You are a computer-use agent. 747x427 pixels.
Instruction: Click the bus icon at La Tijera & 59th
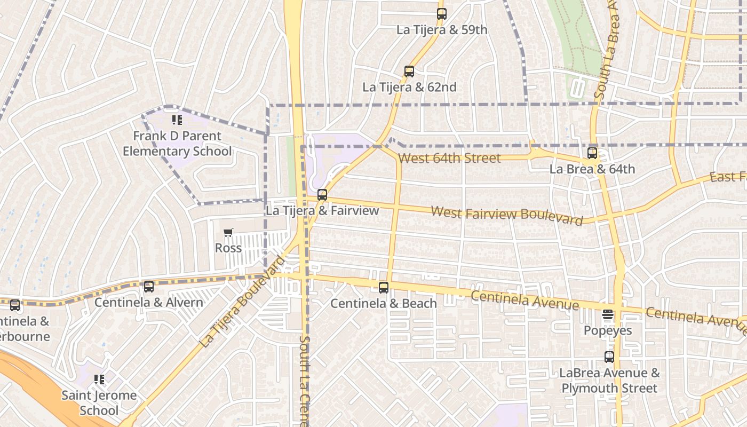click(x=441, y=14)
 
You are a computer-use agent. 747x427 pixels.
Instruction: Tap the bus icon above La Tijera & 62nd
click(x=409, y=72)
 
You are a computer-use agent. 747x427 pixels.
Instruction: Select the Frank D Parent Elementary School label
click(x=177, y=144)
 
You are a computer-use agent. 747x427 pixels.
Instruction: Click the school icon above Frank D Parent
click(x=177, y=120)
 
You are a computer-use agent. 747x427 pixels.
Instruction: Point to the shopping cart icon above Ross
click(x=228, y=233)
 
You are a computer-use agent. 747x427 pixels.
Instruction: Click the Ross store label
click(x=228, y=248)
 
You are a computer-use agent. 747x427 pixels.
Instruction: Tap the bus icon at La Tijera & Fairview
click(x=322, y=195)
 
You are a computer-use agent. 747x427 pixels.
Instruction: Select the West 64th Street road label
click(x=449, y=158)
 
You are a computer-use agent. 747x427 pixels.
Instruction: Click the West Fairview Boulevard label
click(x=506, y=215)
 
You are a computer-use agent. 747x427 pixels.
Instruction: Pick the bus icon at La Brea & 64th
click(x=592, y=154)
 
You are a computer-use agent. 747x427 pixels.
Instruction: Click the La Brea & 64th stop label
click(x=592, y=169)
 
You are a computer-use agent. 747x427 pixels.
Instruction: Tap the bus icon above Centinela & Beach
click(x=384, y=288)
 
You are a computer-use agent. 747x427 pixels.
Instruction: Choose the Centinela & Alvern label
click(x=149, y=303)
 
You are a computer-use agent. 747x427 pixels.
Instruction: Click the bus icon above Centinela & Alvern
click(x=149, y=287)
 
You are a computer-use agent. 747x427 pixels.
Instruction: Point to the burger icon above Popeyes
click(x=608, y=315)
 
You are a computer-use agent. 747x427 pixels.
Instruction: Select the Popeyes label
click(x=608, y=330)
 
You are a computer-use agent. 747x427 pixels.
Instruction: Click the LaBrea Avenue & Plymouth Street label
click(x=609, y=381)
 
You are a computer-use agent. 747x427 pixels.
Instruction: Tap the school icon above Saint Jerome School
click(x=99, y=379)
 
